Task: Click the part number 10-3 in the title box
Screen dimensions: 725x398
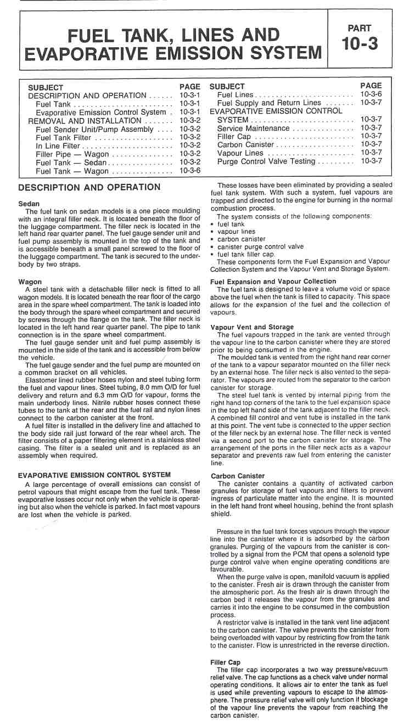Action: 360,44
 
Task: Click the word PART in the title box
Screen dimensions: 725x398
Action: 360,27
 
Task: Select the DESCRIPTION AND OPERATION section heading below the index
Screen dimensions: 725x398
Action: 89,188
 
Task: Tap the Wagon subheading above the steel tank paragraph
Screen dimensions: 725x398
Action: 31,282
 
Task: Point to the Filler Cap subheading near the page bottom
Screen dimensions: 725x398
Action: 225,662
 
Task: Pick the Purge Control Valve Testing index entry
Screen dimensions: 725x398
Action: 266,161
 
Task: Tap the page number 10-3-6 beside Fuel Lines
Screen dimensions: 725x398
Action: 371,95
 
